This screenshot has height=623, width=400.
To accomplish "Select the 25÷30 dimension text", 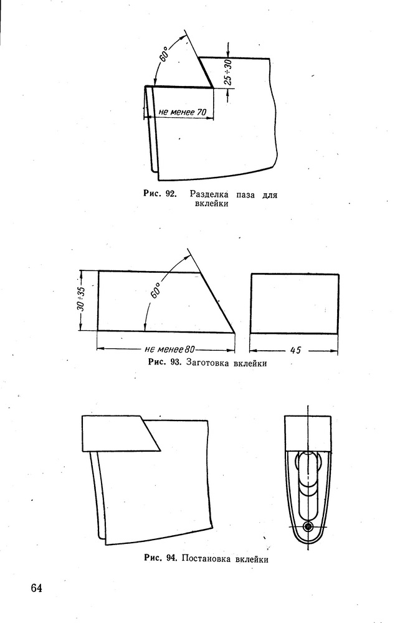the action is coord(227,72).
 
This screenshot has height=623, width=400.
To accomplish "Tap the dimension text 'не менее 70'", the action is coord(183,112).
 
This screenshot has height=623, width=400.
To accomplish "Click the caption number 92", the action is coord(171,194).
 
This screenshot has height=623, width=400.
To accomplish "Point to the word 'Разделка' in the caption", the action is coord(209,194).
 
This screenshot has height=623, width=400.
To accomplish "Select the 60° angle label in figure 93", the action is coord(155,290).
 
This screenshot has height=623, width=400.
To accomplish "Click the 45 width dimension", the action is coord(295,350).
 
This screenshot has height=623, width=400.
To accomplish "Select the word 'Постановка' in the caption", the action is coord(207,559).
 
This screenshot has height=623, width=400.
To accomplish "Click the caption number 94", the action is coord(171,558).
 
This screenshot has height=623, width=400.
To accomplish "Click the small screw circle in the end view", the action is coord(308,527).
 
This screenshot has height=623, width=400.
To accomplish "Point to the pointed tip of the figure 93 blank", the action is coord(234,332).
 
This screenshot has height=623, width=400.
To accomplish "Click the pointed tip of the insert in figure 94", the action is coord(160,450).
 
